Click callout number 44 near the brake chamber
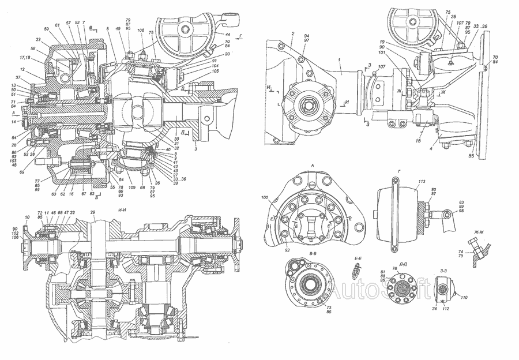[227, 35]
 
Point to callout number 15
[418, 140]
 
